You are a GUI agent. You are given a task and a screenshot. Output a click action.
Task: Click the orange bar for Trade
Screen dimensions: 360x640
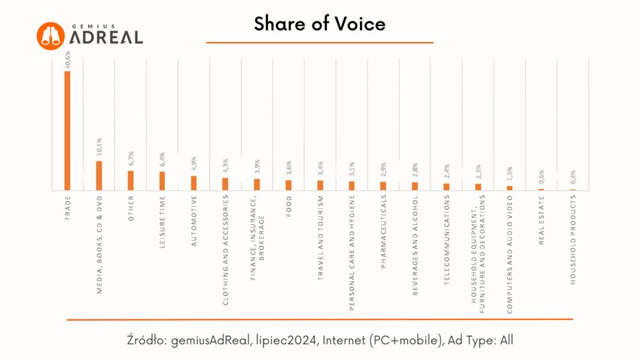click(68, 130)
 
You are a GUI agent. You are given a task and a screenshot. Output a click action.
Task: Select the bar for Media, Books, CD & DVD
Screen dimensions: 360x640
click(99, 175)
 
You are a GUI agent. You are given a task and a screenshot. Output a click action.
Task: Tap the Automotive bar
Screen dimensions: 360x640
click(193, 183)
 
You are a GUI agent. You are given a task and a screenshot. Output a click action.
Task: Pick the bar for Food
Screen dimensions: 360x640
click(288, 185)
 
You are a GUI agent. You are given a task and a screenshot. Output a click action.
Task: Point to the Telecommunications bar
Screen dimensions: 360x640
click(447, 186)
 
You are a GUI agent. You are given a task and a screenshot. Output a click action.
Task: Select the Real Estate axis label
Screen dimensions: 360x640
click(541, 221)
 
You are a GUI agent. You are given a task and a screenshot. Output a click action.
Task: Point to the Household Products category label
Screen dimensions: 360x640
click(572, 240)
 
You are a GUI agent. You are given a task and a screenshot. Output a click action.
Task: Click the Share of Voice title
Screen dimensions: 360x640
click(320, 24)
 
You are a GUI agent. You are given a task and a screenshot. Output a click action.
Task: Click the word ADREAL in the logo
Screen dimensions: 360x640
click(106, 37)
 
